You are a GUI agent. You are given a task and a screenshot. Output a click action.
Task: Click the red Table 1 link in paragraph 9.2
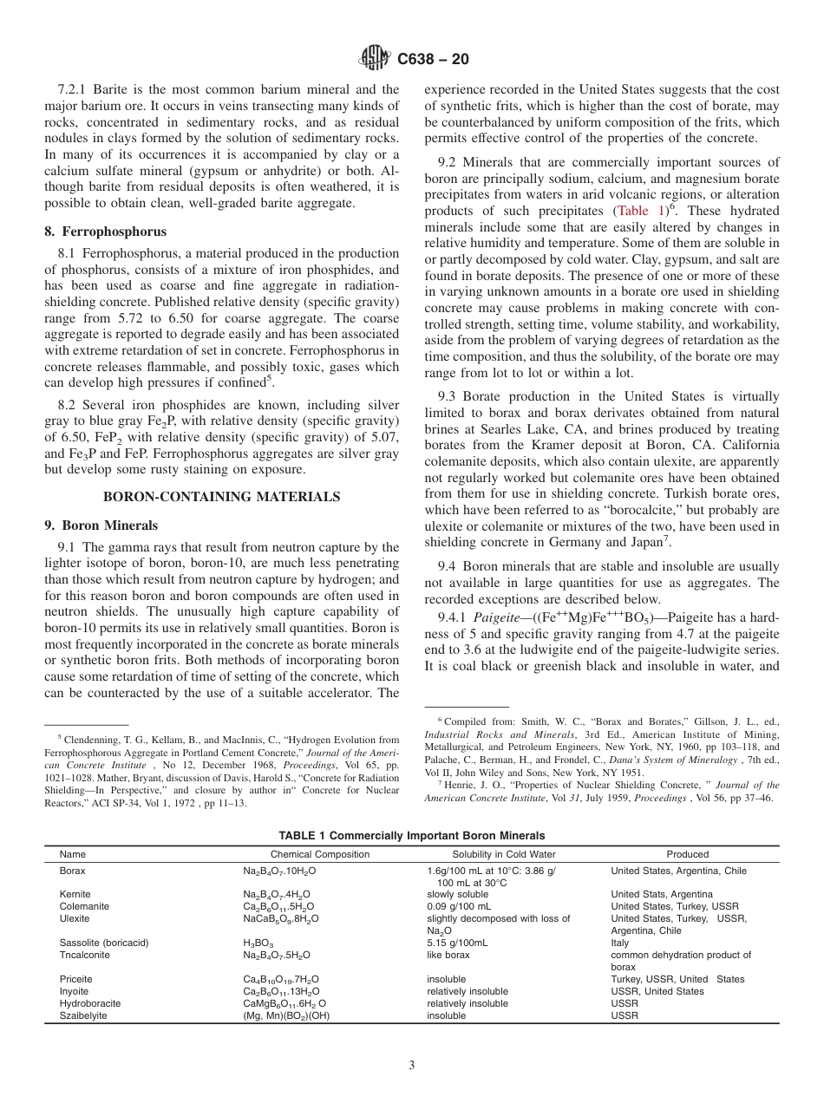tap(640, 211)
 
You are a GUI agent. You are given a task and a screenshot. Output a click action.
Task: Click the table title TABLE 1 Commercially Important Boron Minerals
tap(411, 835)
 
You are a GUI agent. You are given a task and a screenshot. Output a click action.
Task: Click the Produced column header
tap(687, 854)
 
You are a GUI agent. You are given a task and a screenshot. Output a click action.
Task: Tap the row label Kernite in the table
tap(75, 894)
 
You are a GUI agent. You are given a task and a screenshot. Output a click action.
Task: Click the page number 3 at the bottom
tap(411, 1065)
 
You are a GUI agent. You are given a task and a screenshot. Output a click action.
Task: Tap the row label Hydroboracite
tap(90, 1003)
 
